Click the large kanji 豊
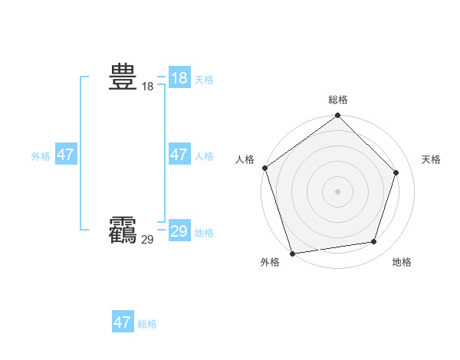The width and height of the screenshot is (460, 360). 123,77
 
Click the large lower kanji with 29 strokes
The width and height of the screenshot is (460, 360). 123,229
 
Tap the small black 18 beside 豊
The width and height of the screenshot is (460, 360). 147,87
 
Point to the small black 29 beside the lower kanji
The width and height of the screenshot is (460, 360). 147,240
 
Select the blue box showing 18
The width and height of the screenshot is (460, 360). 179,78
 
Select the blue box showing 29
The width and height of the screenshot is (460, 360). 179,231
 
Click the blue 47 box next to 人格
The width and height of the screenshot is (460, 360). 179,155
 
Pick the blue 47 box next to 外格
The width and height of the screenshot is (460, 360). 66,155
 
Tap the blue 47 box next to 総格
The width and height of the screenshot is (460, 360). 123,322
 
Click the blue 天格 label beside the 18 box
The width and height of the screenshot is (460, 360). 204,80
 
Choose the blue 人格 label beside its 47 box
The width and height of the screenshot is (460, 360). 204,156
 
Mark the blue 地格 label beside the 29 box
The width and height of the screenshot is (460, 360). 204,233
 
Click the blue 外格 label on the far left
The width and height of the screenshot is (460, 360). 41,156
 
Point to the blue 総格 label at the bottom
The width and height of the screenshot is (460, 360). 147,324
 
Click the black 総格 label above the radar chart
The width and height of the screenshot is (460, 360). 338,100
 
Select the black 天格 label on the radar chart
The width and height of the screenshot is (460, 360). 431,159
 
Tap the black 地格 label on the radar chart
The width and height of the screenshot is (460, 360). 402,262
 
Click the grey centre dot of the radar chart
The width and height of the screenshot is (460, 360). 337,191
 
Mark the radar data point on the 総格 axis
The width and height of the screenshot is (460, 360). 337,116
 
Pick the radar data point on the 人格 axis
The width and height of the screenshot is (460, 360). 265,168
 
